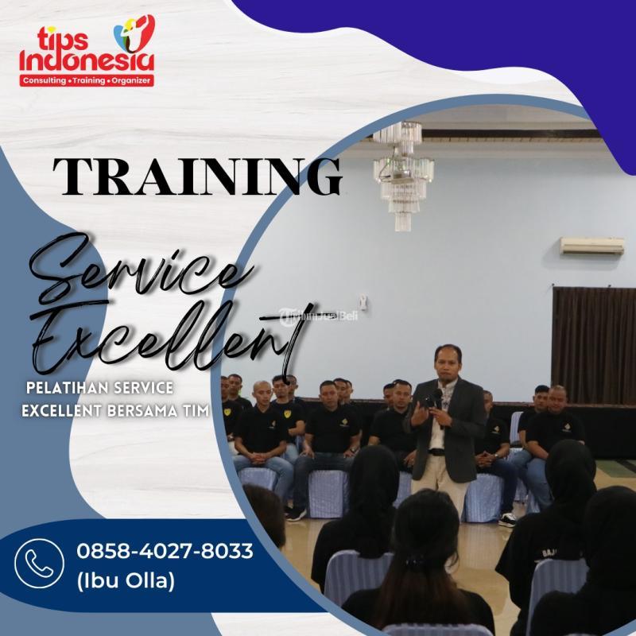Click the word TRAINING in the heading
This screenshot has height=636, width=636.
click(x=197, y=176)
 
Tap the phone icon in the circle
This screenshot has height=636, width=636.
click(x=39, y=563)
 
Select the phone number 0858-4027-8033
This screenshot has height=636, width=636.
click(x=165, y=551)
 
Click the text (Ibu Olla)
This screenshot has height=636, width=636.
click(x=125, y=581)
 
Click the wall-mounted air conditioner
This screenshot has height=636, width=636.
click(x=591, y=246)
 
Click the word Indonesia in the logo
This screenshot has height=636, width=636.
click(x=87, y=60)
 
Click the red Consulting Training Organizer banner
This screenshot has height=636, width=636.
click(x=87, y=81)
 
